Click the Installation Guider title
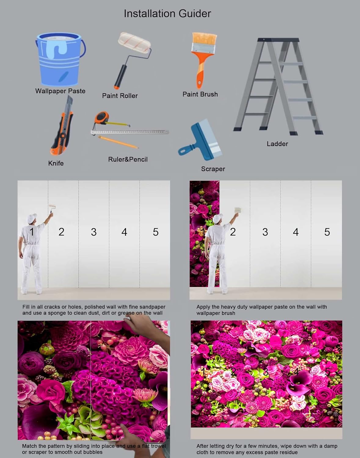(x=167, y=13)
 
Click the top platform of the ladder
(x=278, y=40)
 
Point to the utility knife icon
(x=62, y=128)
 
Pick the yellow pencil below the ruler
(x=118, y=142)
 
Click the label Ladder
(x=277, y=144)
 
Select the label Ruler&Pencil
(x=128, y=159)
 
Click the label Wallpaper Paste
(x=60, y=91)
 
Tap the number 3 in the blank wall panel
(x=94, y=232)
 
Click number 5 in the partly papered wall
(x=327, y=232)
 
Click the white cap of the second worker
(x=217, y=218)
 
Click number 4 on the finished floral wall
(x=296, y=372)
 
